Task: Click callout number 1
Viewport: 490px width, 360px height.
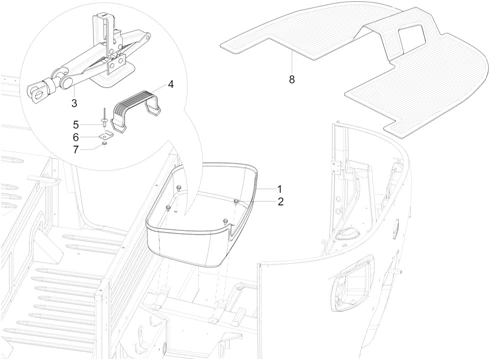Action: pos(280,189)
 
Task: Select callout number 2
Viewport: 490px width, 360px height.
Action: pos(281,202)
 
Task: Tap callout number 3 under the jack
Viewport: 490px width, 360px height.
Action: pos(74,103)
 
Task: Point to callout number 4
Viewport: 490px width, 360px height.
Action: pos(171,84)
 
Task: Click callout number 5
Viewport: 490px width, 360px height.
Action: pos(76,125)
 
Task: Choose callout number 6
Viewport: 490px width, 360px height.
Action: pos(76,137)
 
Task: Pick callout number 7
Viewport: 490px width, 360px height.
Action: pos(76,150)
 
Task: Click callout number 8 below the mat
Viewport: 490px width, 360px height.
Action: pos(292,80)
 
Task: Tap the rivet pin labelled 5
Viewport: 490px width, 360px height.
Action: pos(104,118)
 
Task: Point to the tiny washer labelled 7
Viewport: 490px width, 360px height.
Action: pos(105,143)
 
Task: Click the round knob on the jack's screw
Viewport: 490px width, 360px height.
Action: pos(68,83)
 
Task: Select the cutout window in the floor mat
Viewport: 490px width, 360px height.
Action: pos(412,37)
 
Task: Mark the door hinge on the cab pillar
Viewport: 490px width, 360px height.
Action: pos(337,167)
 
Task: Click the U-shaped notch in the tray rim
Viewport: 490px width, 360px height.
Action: pos(234,230)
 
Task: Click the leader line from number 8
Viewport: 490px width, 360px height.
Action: pos(292,63)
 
